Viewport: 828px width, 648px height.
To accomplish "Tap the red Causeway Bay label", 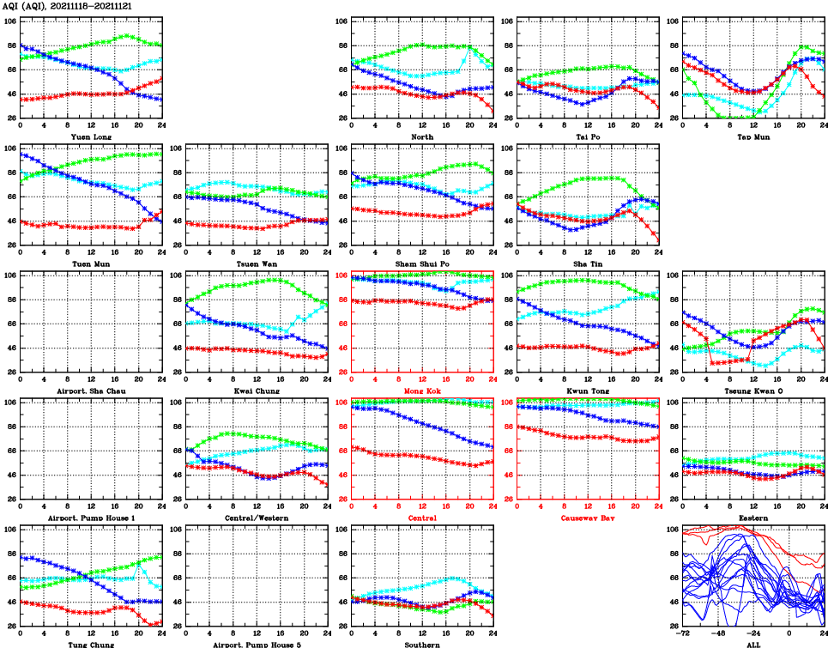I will point(587,518).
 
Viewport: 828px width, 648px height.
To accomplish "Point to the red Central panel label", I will point(421,518).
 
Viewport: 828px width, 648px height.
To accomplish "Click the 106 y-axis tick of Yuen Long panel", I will point(9,21).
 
